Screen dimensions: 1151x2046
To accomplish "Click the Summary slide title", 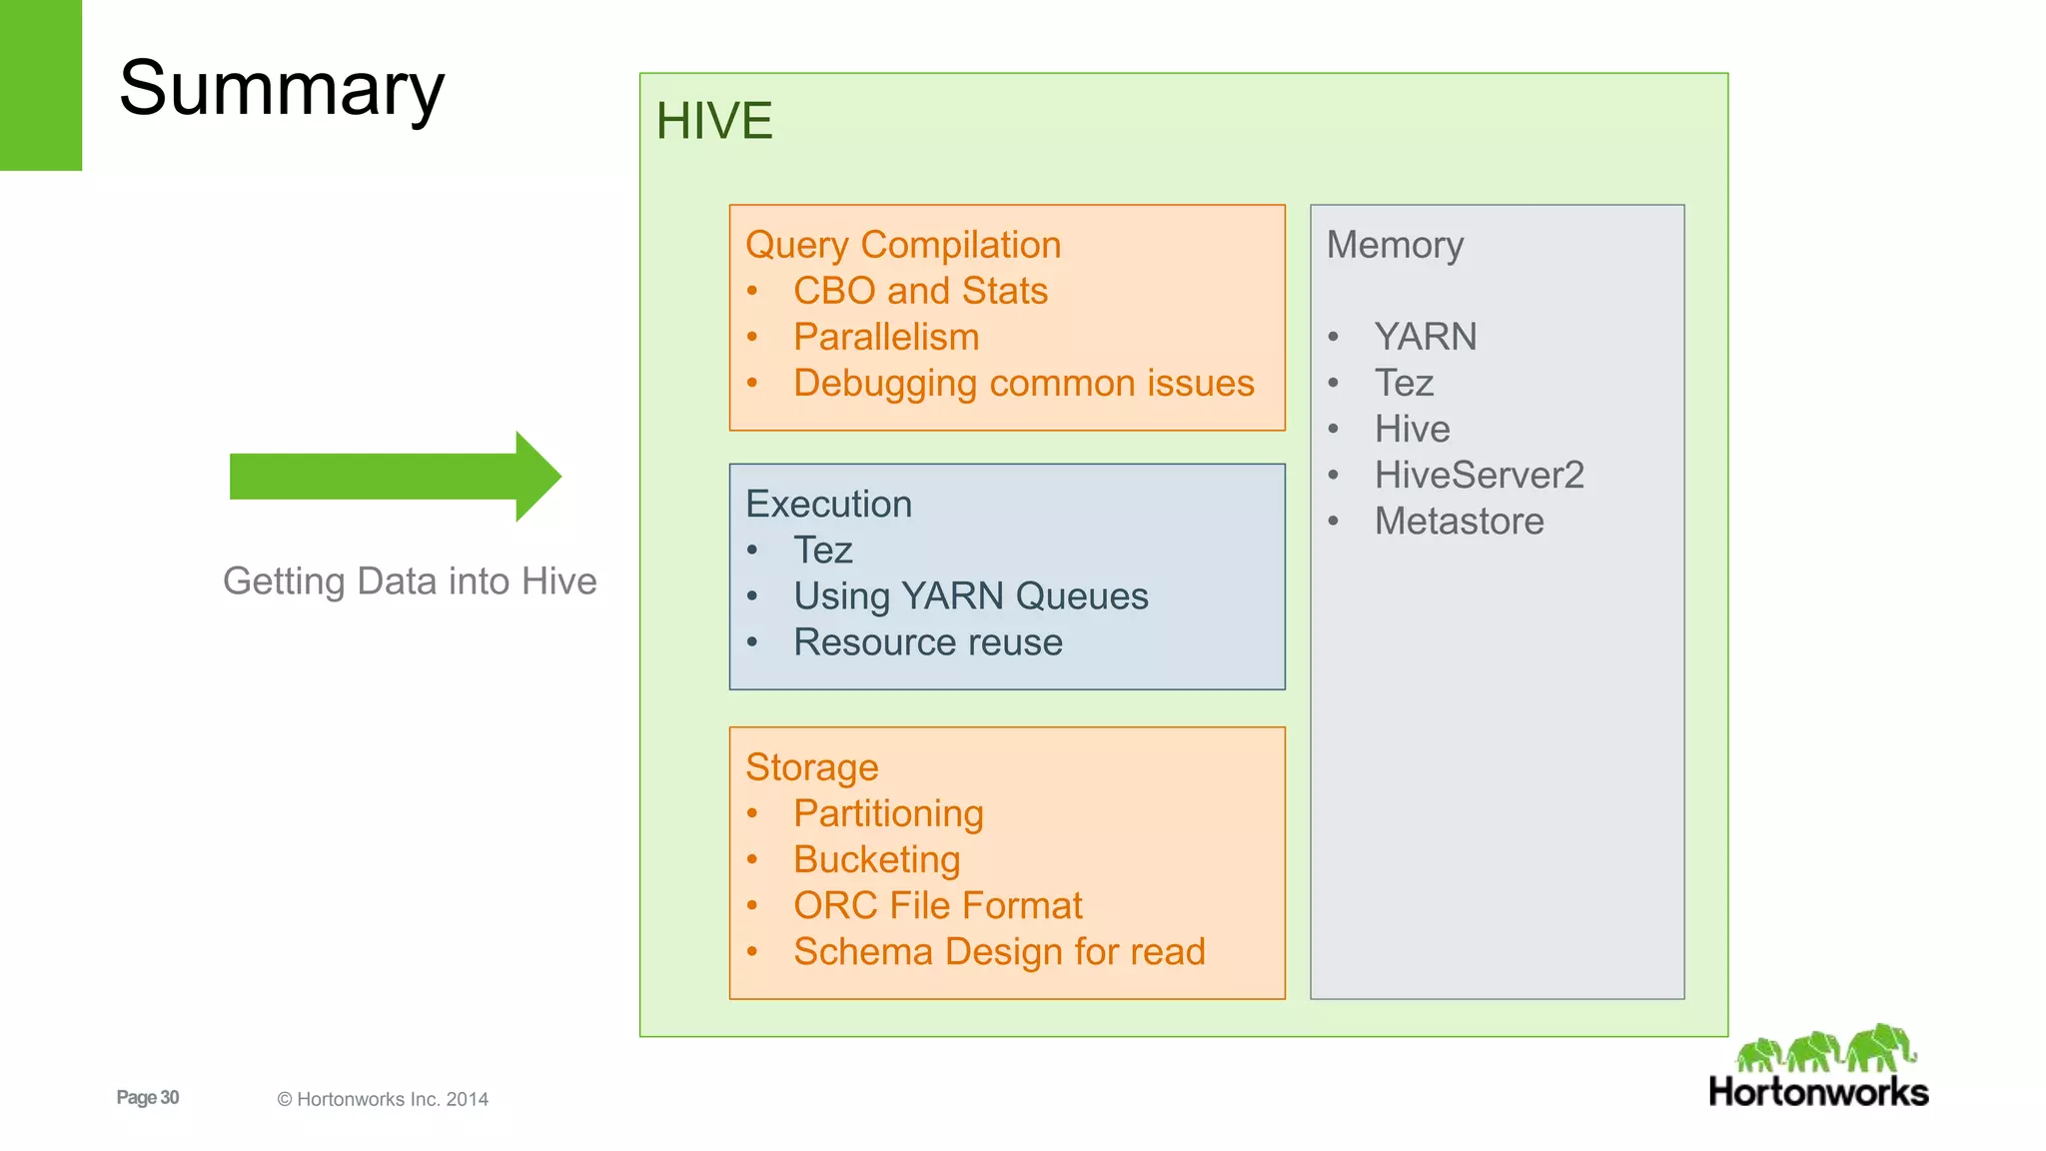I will (281, 88).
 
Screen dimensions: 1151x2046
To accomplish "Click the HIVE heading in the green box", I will (713, 121).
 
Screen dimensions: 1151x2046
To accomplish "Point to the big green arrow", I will (395, 477).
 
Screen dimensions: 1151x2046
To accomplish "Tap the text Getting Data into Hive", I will (410, 581).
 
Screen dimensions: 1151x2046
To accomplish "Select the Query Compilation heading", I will (902, 245).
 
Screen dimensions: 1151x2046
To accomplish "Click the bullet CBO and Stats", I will (920, 291).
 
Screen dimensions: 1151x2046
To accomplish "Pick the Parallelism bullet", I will (886, 337).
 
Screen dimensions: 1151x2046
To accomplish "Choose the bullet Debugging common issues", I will (1023, 384).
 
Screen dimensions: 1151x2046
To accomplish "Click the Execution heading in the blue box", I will (828, 504).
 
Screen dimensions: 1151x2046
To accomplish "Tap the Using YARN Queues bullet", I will (970, 596).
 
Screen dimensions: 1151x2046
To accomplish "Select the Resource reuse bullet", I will (927, 642).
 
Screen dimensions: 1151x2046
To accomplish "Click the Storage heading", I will (811, 767).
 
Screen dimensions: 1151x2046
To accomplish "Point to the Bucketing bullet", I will (876, 859).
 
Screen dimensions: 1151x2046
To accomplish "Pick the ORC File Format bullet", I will (937, 905).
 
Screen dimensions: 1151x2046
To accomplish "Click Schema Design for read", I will (999, 951).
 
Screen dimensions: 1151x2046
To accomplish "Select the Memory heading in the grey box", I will (1395, 245).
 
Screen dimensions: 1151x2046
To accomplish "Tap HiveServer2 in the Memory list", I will (1479, 475).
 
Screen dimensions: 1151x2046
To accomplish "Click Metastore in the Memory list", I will (1459, 521).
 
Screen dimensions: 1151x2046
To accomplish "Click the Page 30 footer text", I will (148, 1097).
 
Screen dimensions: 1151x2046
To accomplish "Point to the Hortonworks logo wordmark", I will (1818, 1092).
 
